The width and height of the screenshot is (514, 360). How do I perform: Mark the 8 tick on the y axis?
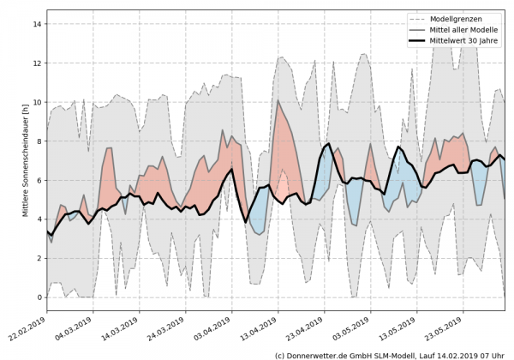point(38,141)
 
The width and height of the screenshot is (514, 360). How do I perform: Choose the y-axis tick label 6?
point(38,181)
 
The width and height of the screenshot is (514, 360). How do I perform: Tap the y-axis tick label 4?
point(38,219)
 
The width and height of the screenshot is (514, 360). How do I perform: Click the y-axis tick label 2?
point(38,259)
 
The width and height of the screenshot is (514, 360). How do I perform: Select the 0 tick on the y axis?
point(38,297)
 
